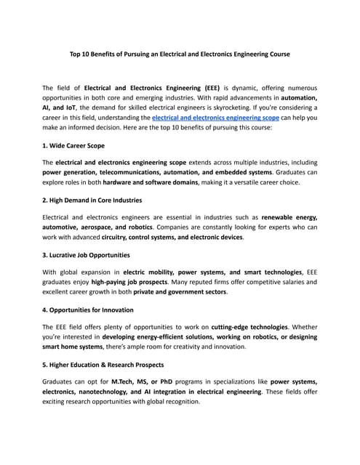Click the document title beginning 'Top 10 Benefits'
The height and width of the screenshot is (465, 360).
coord(180,54)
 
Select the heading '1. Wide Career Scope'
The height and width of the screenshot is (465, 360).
coord(73,145)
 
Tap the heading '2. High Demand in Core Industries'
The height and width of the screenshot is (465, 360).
coord(92,200)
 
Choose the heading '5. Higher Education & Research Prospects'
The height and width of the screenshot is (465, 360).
coord(103,364)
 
